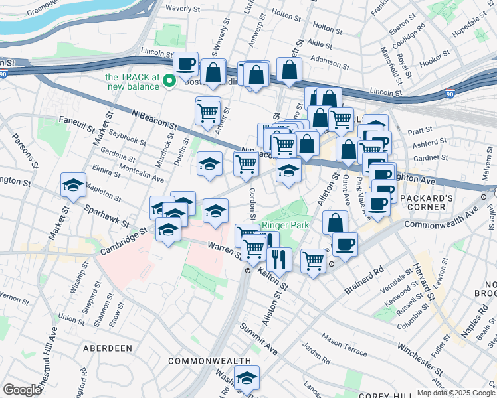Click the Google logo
22,390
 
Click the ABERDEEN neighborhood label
108,348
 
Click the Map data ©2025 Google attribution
456,393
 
